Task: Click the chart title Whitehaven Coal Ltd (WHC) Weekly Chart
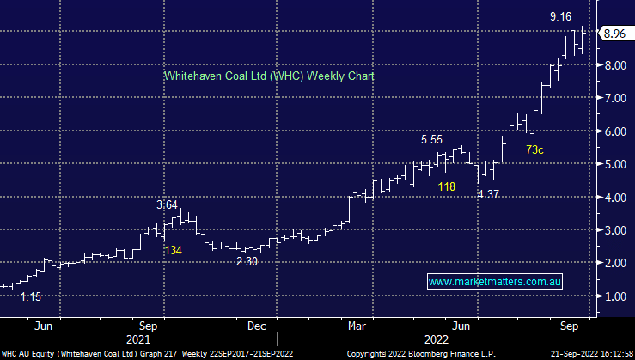pyautogui.click(x=268, y=76)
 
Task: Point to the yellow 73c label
pyautogui.click(x=534, y=150)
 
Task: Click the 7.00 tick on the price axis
pyautogui.click(x=613, y=99)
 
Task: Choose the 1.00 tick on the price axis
pyautogui.click(x=613, y=296)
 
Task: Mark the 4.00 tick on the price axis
pyautogui.click(x=613, y=198)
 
